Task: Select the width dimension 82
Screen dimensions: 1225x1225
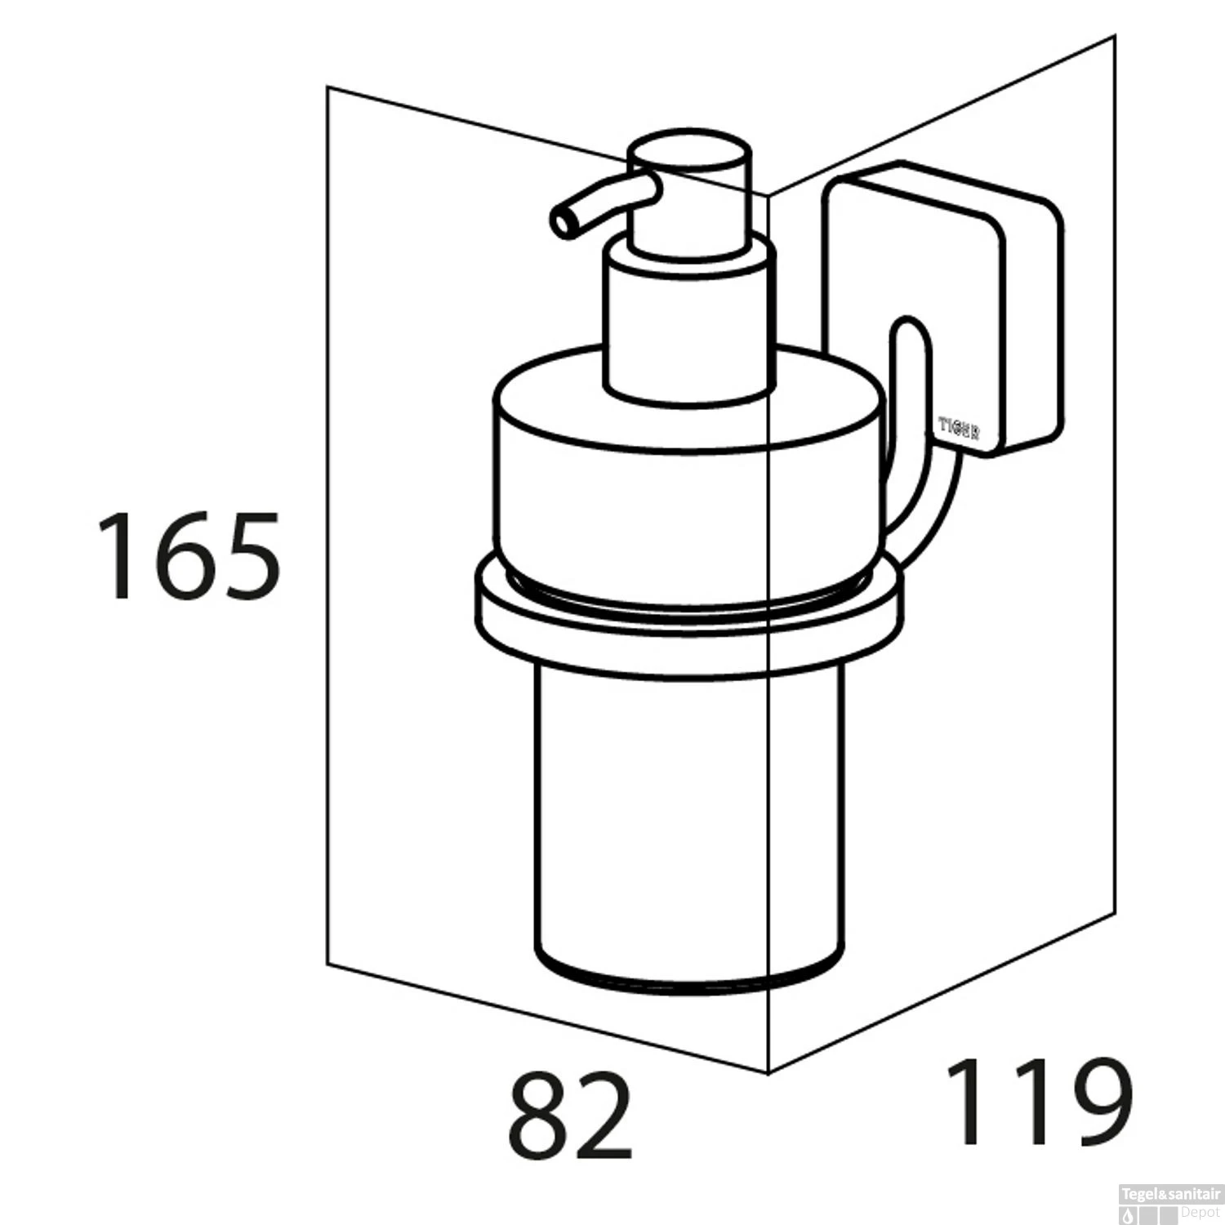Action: [x=570, y=1116]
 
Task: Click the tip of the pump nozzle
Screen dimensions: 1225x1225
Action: [x=562, y=222]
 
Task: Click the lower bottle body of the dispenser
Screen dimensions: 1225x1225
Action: [x=690, y=817]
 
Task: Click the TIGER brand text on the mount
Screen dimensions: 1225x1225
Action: [x=959, y=428]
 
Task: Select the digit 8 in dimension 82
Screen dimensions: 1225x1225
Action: [x=538, y=1116]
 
